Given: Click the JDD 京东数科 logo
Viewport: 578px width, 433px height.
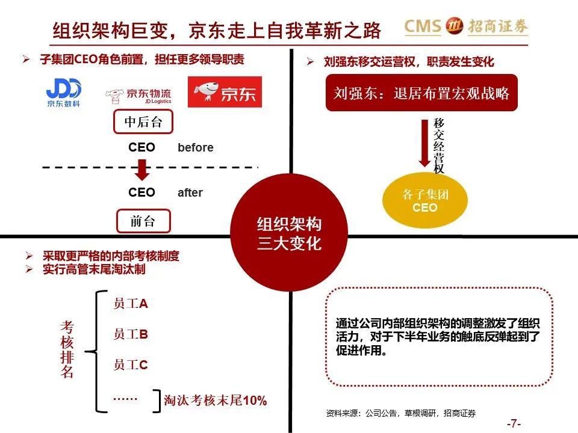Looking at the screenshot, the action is pyautogui.click(x=63, y=93).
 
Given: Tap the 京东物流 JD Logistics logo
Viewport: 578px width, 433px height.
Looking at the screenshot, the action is pyautogui.click(x=138, y=96).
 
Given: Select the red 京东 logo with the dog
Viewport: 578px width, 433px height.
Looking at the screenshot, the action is pyautogui.click(x=225, y=92).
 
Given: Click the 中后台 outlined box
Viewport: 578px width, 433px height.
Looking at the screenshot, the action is pyautogui.click(x=143, y=121).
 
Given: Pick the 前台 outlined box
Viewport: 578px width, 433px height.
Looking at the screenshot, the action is pyautogui.click(x=143, y=221).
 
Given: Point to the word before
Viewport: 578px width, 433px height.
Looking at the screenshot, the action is pyautogui.click(x=195, y=148).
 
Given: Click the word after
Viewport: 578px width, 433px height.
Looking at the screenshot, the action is pyautogui.click(x=190, y=192).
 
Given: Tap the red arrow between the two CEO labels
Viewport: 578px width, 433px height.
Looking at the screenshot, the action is pyautogui.click(x=142, y=170).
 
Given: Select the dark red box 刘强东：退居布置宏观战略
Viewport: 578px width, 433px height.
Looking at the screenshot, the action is pyautogui.click(x=421, y=93).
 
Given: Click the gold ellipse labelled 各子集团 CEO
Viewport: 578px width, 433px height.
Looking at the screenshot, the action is pyautogui.click(x=424, y=200).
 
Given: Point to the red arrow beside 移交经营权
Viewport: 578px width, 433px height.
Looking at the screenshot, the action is pyautogui.click(x=424, y=143).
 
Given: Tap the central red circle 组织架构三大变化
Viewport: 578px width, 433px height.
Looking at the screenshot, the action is pyautogui.click(x=289, y=233).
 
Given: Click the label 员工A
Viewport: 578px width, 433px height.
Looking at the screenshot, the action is pyautogui.click(x=131, y=304).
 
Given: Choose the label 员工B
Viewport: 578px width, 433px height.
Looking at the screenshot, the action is pyautogui.click(x=131, y=334).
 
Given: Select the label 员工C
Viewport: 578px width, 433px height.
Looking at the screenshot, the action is pyautogui.click(x=131, y=365).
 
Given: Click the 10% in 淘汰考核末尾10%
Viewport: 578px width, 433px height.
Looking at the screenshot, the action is pyautogui.click(x=255, y=401).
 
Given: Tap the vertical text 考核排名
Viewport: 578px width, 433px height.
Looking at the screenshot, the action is pyautogui.click(x=67, y=349).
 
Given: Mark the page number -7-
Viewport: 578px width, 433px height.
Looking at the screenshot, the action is pyautogui.click(x=514, y=423).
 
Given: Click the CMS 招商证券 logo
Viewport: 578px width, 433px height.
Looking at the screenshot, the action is pyautogui.click(x=466, y=26).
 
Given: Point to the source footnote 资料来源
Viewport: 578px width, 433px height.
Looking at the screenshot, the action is pyautogui.click(x=401, y=414).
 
